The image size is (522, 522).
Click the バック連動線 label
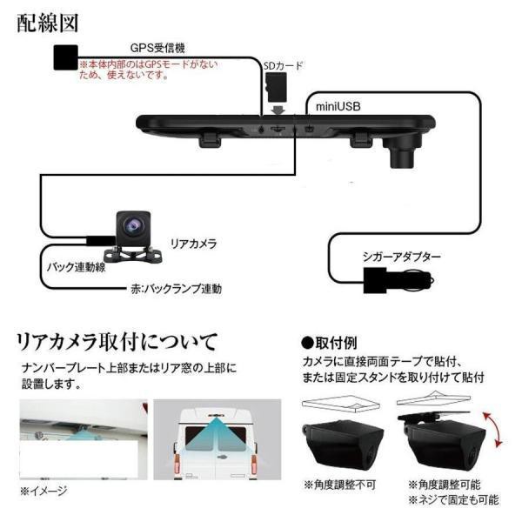(75, 267)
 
